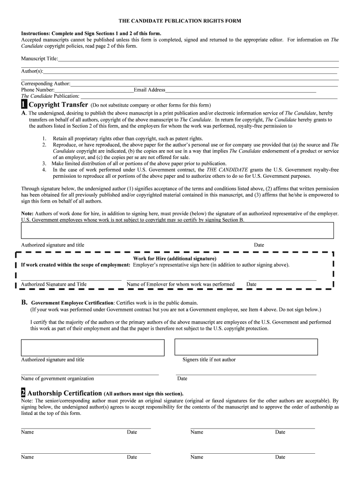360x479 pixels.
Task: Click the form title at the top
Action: coord(180,22)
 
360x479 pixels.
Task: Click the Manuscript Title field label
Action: coord(39,58)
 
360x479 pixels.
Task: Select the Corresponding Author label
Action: coord(45,84)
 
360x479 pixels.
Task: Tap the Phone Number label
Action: coord(38,90)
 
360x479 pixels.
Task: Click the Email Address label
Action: coord(149,90)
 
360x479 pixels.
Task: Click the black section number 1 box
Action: coord(24,104)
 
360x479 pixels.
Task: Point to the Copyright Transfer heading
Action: coord(58,104)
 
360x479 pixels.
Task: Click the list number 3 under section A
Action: coord(44,164)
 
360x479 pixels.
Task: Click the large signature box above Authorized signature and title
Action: coord(177,231)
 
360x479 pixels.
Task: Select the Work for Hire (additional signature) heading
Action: coord(174,259)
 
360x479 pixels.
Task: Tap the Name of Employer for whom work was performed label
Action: coord(180,284)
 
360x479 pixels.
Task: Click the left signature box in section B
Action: coord(93,348)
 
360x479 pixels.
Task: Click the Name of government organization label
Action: coord(58,378)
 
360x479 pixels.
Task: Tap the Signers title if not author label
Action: coord(209,360)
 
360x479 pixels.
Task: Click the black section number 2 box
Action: coord(23,393)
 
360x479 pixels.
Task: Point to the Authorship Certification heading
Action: coord(65,393)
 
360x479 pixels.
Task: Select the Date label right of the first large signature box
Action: coord(259,245)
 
